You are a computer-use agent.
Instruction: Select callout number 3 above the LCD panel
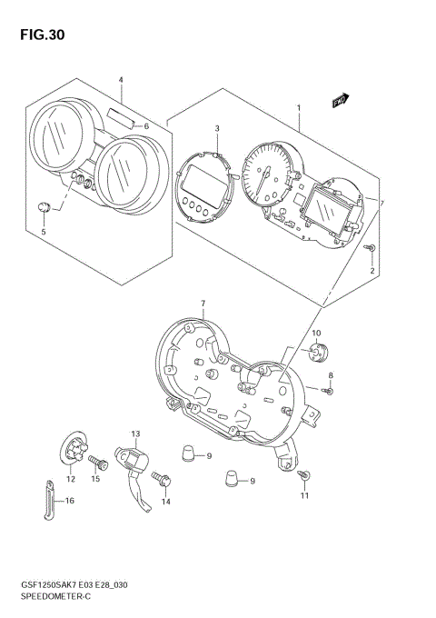click(217, 129)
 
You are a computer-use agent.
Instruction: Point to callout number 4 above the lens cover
click(120, 80)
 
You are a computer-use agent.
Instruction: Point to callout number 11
click(305, 495)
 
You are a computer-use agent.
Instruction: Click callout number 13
click(134, 434)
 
